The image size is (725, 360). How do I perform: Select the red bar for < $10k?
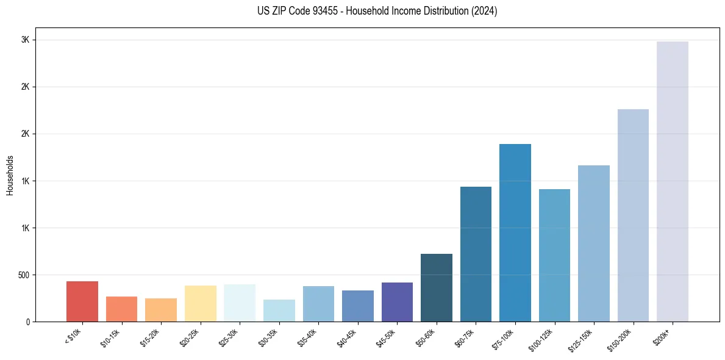pyautogui.click(x=82, y=301)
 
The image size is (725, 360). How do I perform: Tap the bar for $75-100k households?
pyautogui.click(x=515, y=232)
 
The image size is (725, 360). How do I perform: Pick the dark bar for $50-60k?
pyautogui.click(x=437, y=287)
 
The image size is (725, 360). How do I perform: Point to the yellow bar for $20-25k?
pyautogui.click(x=201, y=303)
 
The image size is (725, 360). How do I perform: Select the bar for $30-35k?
pyautogui.click(x=279, y=311)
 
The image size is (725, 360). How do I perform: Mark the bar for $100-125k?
pyautogui.click(x=554, y=255)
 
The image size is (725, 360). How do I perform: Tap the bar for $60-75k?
pyautogui.click(x=476, y=254)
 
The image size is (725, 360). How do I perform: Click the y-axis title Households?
pyautogui.click(x=10, y=175)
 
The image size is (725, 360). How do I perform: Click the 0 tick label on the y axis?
pyautogui.click(x=27, y=322)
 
